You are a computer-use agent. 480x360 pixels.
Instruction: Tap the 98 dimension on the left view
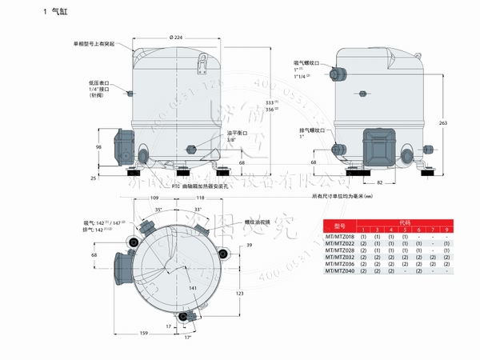click(x=98, y=146)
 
